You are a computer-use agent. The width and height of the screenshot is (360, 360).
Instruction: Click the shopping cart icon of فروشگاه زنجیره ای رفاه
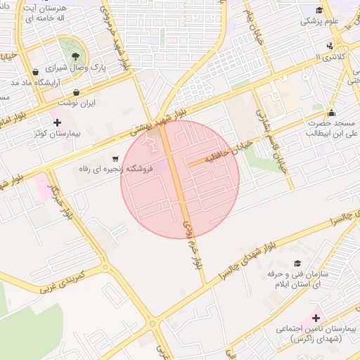pos(115,159)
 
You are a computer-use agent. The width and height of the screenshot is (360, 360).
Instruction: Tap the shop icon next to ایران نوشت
pos(76,92)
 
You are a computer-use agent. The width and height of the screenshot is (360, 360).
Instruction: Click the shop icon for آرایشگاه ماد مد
pos(35,72)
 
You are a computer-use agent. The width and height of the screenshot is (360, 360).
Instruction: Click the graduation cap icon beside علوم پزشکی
pos(319,10)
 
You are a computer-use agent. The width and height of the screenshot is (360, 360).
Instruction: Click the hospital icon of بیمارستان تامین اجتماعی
pos(316,319)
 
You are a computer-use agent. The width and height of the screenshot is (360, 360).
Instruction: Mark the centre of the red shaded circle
pos(180,179)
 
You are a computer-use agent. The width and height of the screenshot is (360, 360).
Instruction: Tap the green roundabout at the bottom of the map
pos(153,323)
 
